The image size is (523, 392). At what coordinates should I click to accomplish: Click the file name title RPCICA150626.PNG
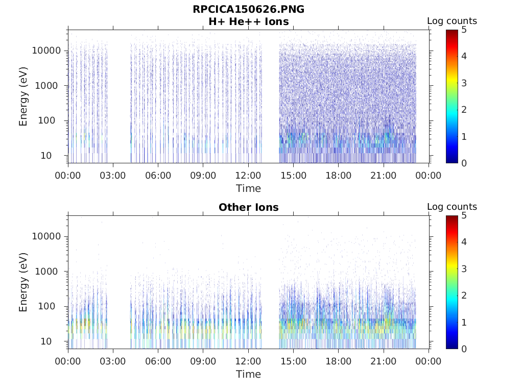pos(248,10)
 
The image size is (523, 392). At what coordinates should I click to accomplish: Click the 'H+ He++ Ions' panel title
pos(248,22)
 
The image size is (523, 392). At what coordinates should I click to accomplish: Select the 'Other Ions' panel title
pos(248,208)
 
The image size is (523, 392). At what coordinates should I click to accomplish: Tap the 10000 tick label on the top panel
pos(47,51)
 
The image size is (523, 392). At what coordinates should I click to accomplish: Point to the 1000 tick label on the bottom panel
pos(50,272)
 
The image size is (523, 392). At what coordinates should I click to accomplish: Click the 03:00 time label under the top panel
pos(113,176)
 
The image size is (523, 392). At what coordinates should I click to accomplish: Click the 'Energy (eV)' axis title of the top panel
pos(23,96)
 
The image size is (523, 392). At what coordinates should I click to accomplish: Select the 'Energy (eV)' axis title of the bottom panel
pos(23,282)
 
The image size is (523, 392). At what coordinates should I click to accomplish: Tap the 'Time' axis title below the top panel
pos(248,188)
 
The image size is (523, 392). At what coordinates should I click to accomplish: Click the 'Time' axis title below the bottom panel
pos(248,374)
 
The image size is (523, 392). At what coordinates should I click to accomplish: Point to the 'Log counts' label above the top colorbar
pos(451,21)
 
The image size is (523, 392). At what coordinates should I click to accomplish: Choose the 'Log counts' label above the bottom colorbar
pos(451,207)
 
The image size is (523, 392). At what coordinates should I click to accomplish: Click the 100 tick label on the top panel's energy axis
pos(52,121)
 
